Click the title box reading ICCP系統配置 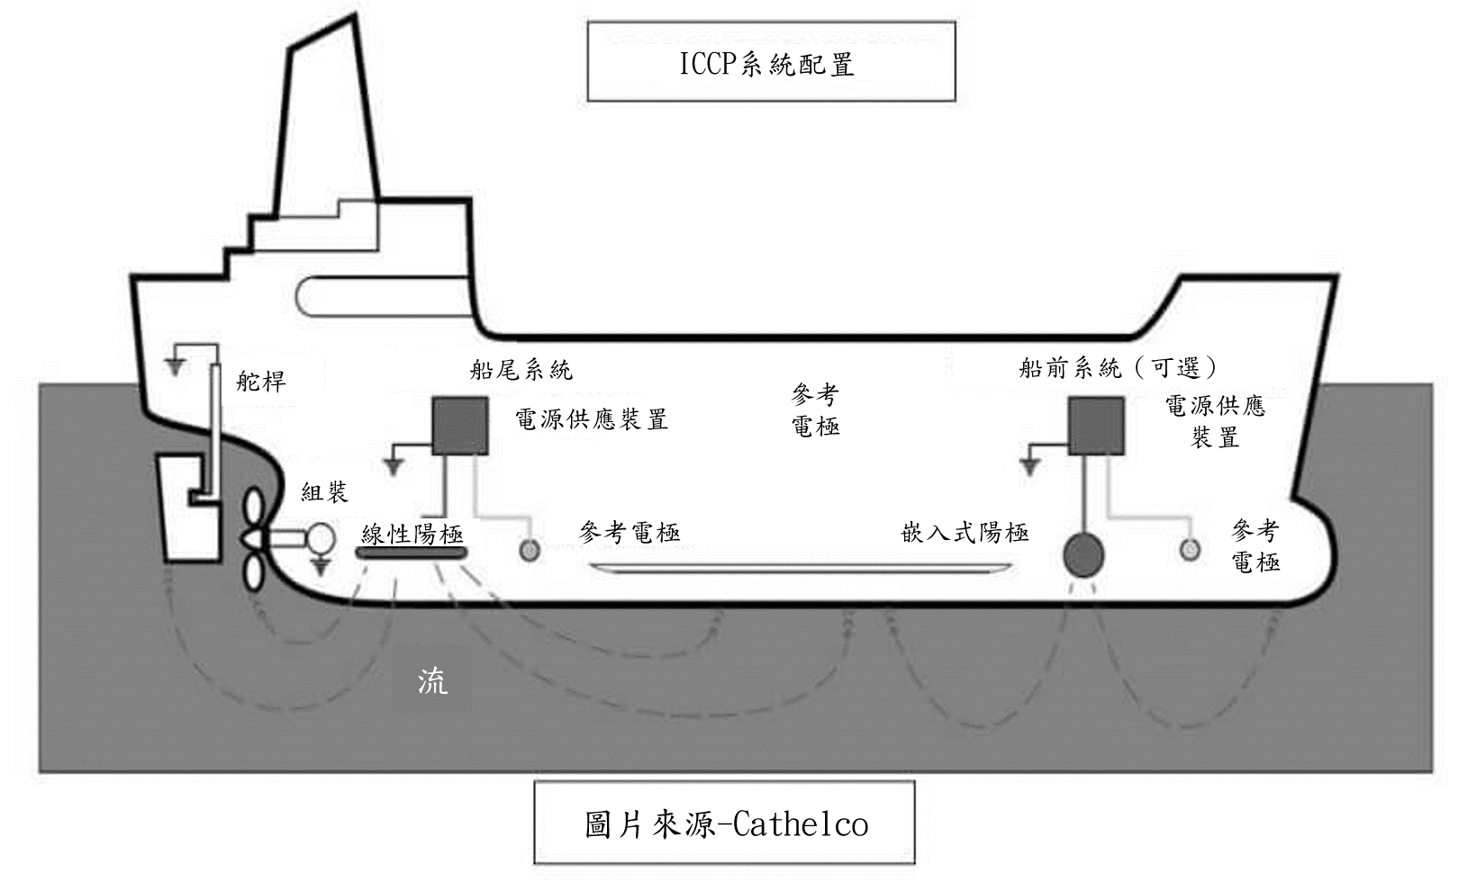(771, 61)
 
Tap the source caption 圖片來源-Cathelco (724, 822)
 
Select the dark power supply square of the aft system (459, 426)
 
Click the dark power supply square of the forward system (1096, 426)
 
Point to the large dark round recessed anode (1083, 555)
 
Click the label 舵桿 (261, 382)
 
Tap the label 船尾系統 (521, 370)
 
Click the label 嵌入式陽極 (965, 532)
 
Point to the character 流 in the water (432, 682)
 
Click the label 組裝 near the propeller (324, 492)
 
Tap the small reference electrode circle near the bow (1190, 549)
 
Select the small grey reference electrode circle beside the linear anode (530, 549)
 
